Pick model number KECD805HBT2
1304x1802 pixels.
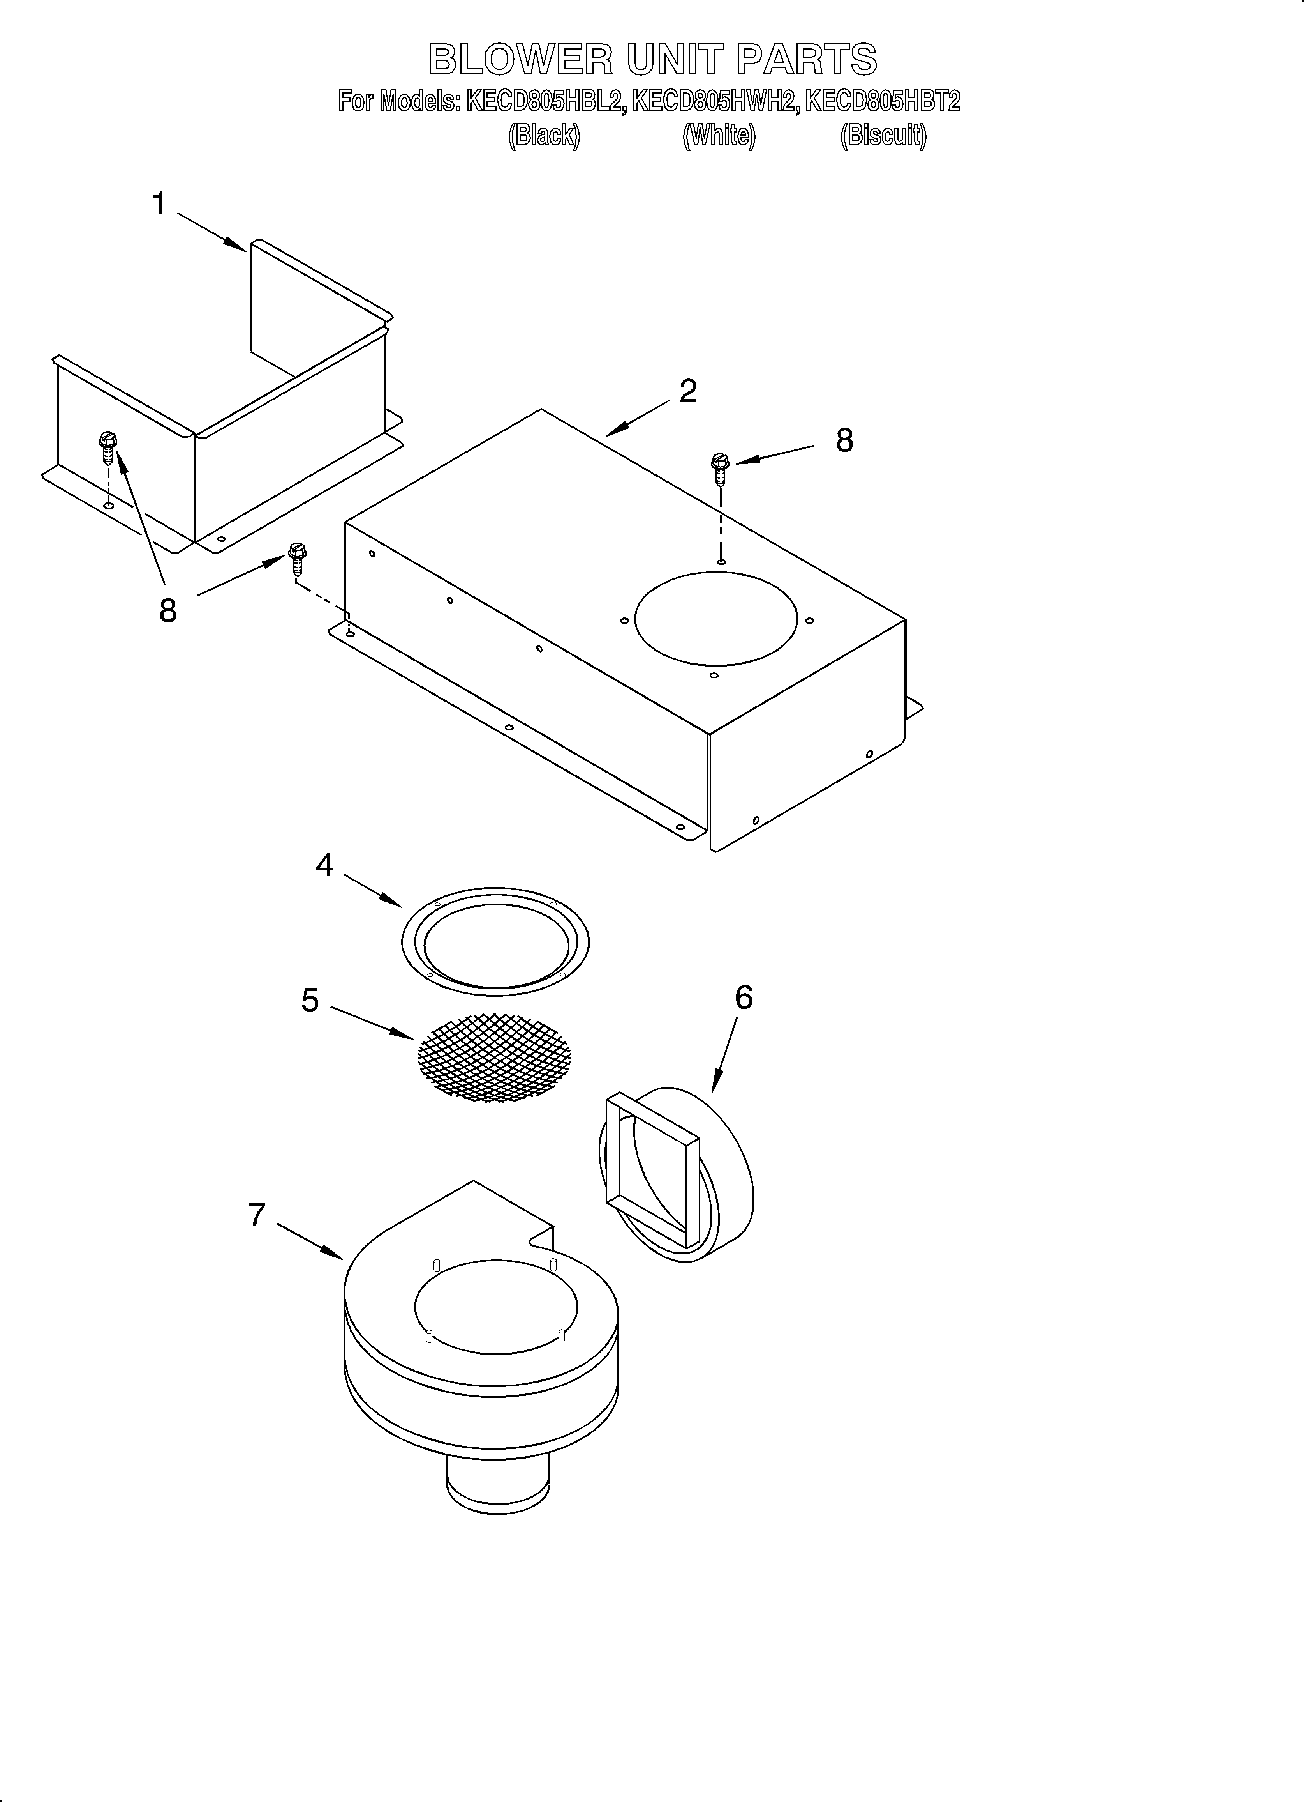tap(883, 102)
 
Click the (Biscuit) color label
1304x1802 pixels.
tap(883, 136)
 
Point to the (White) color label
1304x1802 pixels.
tap(719, 136)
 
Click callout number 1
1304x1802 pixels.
tap(159, 204)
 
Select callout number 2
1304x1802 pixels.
tap(688, 391)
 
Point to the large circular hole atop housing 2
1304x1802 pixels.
tap(715, 618)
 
